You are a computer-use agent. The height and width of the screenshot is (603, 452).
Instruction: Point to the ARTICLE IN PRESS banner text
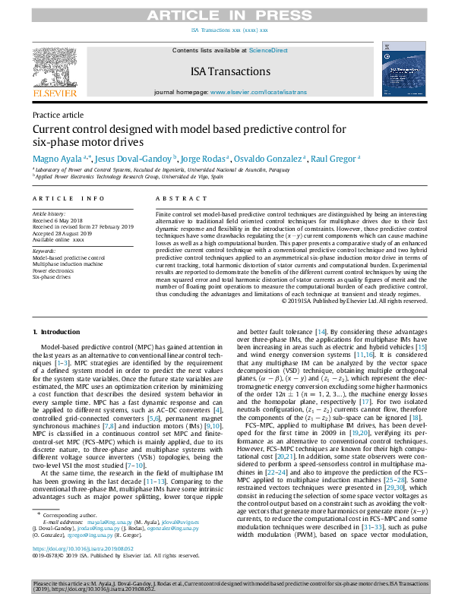226,15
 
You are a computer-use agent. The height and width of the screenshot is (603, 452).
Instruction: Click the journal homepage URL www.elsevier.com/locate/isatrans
259,92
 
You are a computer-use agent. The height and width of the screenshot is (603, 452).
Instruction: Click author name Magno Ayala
58,158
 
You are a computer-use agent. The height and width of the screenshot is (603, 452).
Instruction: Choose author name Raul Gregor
336,158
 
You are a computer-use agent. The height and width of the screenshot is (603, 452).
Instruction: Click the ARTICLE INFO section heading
68,198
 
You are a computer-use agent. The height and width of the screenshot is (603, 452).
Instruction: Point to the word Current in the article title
52,131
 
